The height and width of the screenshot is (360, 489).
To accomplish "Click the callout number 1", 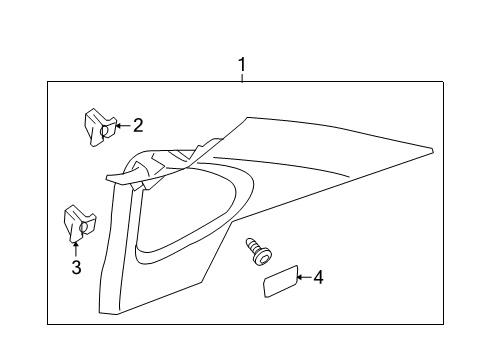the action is (241, 66).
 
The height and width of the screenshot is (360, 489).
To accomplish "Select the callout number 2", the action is (138, 125).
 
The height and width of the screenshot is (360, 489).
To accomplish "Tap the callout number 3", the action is (75, 267).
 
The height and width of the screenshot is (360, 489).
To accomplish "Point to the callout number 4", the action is (318, 276).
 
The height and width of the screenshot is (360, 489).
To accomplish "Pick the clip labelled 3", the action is (77, 224).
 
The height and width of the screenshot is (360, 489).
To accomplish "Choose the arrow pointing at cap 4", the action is (303, 277).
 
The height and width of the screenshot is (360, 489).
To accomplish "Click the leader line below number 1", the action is (241, 78).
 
